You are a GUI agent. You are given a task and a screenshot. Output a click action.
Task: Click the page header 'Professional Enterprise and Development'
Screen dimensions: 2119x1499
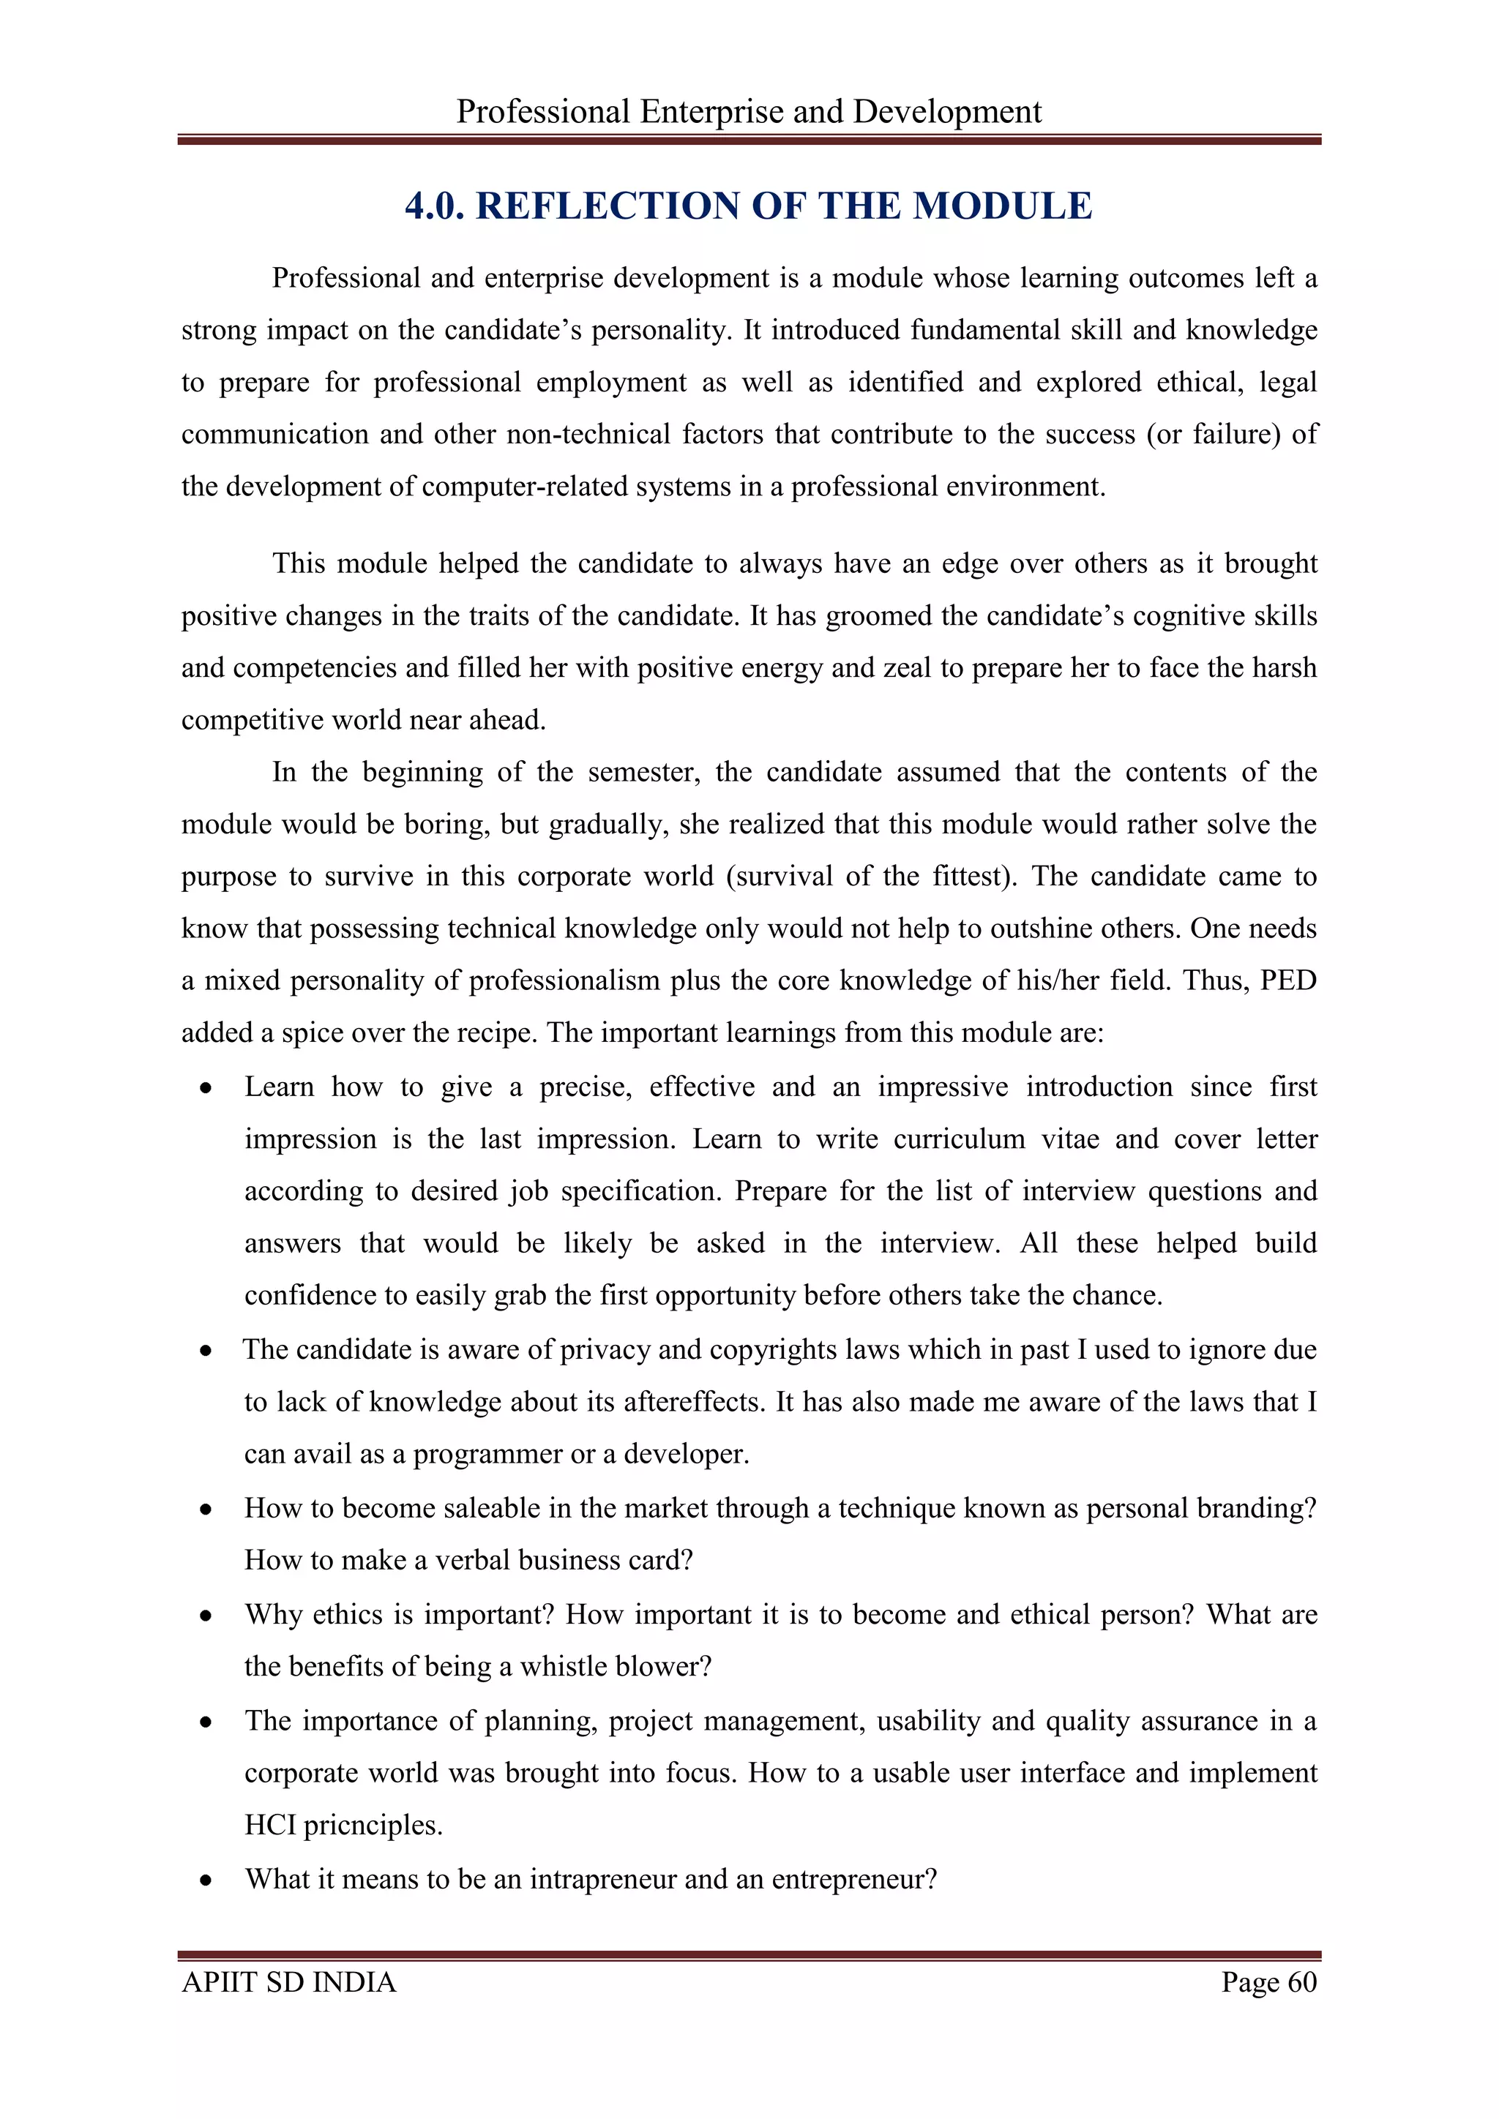point(749,112)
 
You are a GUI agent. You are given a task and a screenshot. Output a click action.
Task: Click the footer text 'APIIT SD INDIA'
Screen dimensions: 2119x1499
point(289,1982)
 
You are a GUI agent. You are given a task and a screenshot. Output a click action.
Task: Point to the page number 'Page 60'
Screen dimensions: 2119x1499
point(1268,1982)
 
